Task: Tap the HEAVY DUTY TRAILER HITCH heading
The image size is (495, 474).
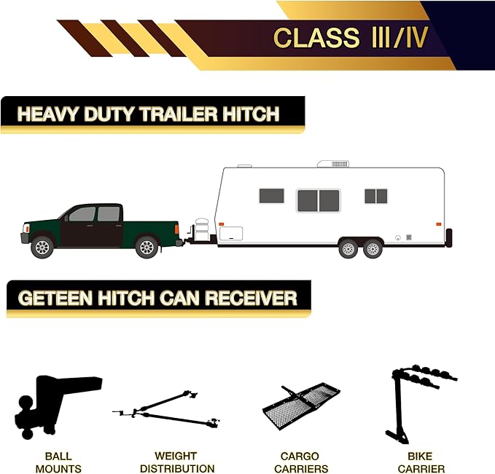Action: tap(148, 114)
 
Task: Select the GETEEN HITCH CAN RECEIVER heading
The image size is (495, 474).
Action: tap(157, 298)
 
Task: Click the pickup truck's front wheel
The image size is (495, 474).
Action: tap(42, 246)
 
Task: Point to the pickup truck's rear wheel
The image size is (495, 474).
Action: tap(147, 246)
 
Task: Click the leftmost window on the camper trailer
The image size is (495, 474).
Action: tap(271, 196)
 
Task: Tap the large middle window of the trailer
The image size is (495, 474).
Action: tap(319, 200)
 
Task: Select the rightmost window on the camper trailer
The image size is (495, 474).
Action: tap(375, 196)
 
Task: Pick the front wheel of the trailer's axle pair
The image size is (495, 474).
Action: tap(348, 248)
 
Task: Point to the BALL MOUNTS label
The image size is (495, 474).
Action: tap(58, 462)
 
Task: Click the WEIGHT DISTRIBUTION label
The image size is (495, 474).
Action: tap(176, 462)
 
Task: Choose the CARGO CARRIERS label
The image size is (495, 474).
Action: tap(300, 462)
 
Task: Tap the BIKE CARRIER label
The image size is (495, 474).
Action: tap(421, 462)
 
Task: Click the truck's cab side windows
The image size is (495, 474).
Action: tap(95, 214)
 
